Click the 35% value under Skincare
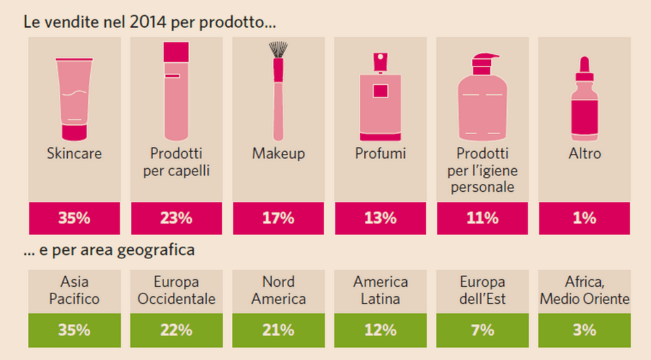point(74,218)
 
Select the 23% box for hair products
point(176,218)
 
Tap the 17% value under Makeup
point(278,218)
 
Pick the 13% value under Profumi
point(380,218)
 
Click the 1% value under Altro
point(584,218)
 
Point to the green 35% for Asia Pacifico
point(74,330)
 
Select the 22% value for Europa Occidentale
point(176,330)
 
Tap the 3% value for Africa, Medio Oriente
point(584,330)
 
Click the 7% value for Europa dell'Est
point(482,330)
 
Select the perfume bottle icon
point(380,95)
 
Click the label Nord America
point(278,290)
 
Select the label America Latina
point(380,290)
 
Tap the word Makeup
point(278,154)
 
